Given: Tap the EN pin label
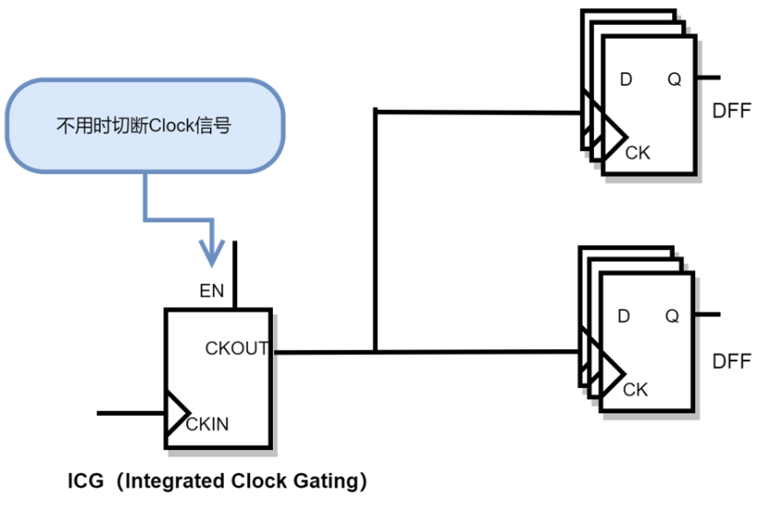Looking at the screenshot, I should tap(212, 291).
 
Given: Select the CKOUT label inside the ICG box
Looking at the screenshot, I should tap(237, 348).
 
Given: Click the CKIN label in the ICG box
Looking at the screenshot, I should tap(207, 425).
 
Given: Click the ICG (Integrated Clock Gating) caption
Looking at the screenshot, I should tap(218, 481).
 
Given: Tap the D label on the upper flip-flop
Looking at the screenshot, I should tap(626, 79).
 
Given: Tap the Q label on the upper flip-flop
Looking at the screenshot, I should tap(675, 79).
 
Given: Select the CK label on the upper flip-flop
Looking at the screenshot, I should tap(637, 152).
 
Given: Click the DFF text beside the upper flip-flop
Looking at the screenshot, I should tap(732, 112).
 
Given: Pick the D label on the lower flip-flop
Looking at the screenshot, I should tap(624, 316).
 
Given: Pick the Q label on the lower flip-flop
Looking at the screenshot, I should tap(673, 316).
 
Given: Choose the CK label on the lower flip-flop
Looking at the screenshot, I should tap(635, 389).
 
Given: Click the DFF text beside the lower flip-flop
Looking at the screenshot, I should tap(732, 360).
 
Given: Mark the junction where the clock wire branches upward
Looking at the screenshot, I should tap(375, 351).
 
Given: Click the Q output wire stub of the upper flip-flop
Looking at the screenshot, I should tap(709, 77).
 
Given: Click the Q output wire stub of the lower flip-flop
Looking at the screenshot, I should tap(707, 314).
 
